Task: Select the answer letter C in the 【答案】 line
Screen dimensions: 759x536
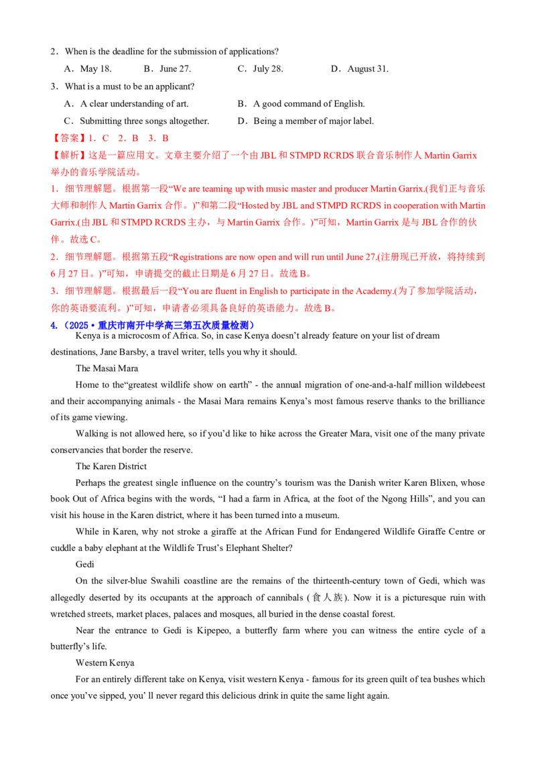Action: coord(106,139)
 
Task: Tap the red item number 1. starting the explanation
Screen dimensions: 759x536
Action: coord(52,188)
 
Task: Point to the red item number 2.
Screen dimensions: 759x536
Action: coord(52,256)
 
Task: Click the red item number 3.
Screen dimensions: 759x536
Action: coord(52,291)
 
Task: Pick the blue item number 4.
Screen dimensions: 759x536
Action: coord(52,326)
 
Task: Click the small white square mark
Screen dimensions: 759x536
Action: coord(442,335)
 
